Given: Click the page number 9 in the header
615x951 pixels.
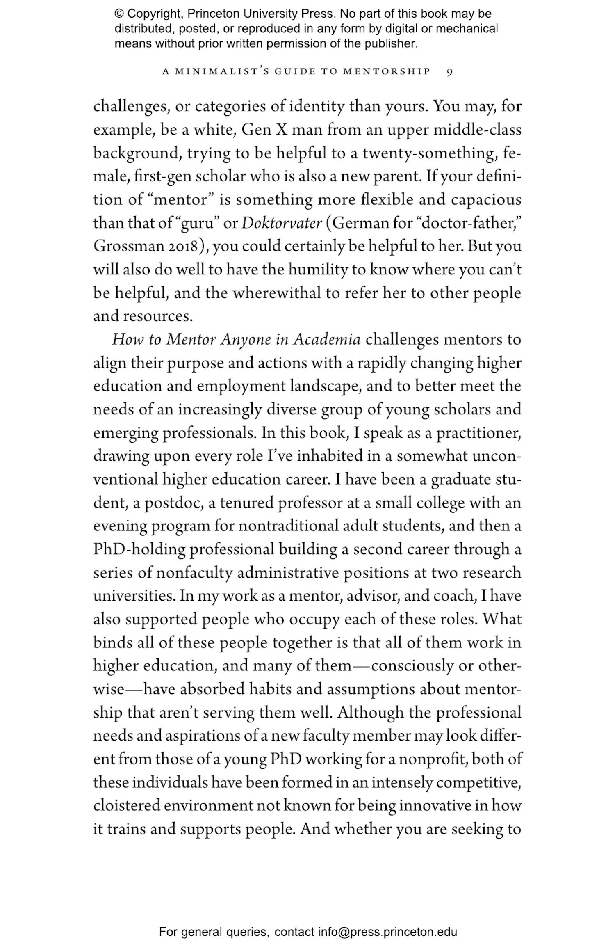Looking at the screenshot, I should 449,72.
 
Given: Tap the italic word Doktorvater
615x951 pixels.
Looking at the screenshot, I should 282,223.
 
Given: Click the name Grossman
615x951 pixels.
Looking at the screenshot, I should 128,247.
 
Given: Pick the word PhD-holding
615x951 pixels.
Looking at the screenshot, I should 139,550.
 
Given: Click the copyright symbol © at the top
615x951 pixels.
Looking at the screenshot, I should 119,14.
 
